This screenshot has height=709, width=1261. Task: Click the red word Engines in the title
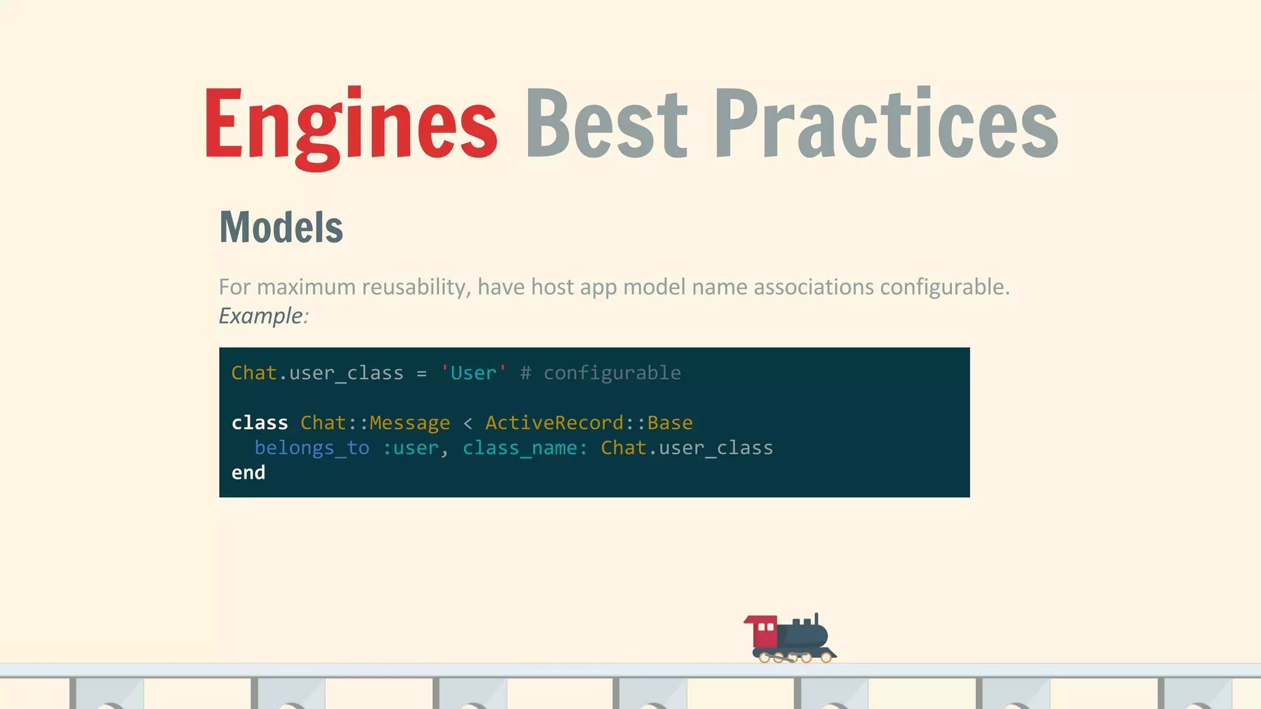point(350,124)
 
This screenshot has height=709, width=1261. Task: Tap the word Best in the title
point(606,124)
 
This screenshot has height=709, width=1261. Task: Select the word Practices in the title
point(885,124)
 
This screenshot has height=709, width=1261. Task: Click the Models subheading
point(281,228)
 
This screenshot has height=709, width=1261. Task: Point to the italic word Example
point(261,316)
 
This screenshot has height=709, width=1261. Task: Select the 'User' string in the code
point(473,373)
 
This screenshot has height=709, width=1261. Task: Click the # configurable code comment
point(600,373)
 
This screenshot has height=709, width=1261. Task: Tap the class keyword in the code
point(259,423)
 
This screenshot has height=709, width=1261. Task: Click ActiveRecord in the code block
point(554,423)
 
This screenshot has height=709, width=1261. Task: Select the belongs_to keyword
point(312,448)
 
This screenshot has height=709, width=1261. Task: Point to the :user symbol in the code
point(411,448)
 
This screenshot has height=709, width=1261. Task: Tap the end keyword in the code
point(248,473)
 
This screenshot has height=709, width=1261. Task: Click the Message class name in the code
point(409,423)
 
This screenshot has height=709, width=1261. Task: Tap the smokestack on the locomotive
point(816,619)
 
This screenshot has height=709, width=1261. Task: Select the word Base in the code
point(670,423)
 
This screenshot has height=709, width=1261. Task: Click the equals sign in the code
point(421,374)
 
